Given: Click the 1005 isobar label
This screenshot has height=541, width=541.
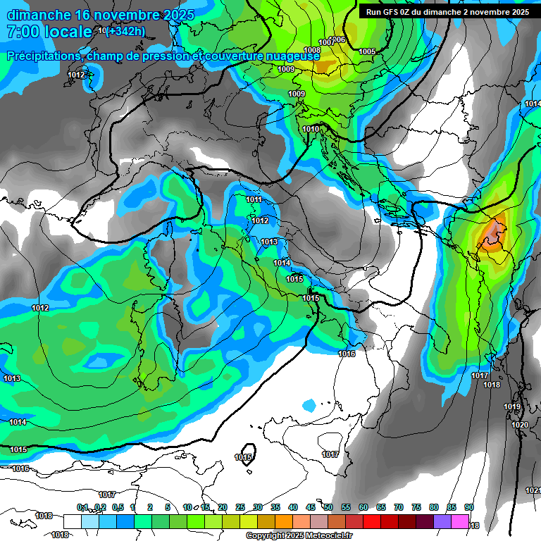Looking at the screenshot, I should click(x=367, y=51).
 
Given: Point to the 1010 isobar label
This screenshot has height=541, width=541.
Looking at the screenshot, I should click(x=311, y=129).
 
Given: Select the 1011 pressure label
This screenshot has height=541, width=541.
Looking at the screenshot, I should click(x=254, y=199).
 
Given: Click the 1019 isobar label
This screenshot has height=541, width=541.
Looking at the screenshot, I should click(x=512, y=407).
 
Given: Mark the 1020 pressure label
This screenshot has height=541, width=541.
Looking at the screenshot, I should click(x=519, y=425).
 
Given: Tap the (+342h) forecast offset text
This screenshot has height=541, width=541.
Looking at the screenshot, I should click(x=125, y=31).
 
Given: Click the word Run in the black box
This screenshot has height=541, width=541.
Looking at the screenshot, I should click(x=374, y=12).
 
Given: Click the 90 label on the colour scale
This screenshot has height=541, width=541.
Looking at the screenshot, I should click(x=469, y=508).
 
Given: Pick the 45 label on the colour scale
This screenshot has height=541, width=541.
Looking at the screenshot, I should click(x=311, y=508).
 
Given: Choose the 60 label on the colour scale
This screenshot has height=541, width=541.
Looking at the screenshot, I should click(x=363, y=508).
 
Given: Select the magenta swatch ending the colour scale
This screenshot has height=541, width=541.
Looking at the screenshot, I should click(x=460, y=521).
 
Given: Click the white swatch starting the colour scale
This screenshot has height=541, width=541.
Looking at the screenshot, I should click(x=72, y=521).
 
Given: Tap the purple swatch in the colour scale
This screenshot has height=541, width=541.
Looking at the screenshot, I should click(x=442, y=521).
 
